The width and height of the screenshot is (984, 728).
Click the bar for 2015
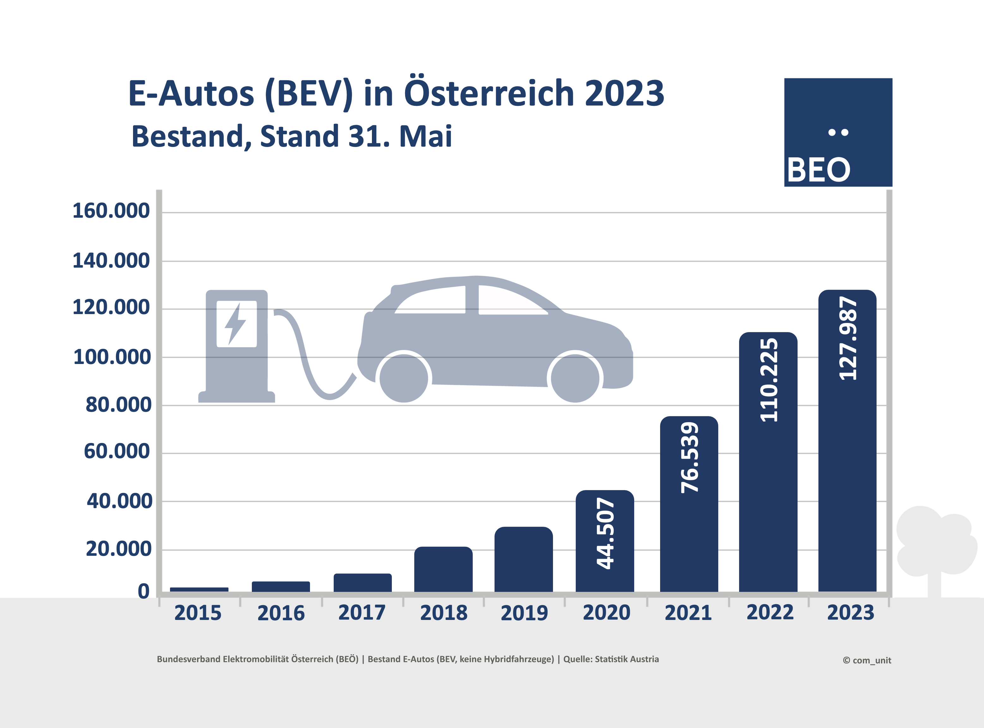tap(199, 589)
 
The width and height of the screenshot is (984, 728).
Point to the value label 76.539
tap(689, 458)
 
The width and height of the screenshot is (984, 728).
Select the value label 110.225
tap(768, 380)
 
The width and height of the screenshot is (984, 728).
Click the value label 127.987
tap(847, 338)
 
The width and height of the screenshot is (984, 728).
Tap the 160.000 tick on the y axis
tap(111, 211)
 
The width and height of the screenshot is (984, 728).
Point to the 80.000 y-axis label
tap(118, 404)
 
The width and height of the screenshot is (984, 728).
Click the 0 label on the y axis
tap(144, 591)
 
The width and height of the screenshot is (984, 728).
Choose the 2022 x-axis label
tap(770, 612)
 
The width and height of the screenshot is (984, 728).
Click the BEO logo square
tap(838, 132)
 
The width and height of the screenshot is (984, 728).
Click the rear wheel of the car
tap(404, 378)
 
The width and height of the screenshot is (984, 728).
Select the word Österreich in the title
tap(489, 94)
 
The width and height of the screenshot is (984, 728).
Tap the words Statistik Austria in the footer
tap(627, 659)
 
